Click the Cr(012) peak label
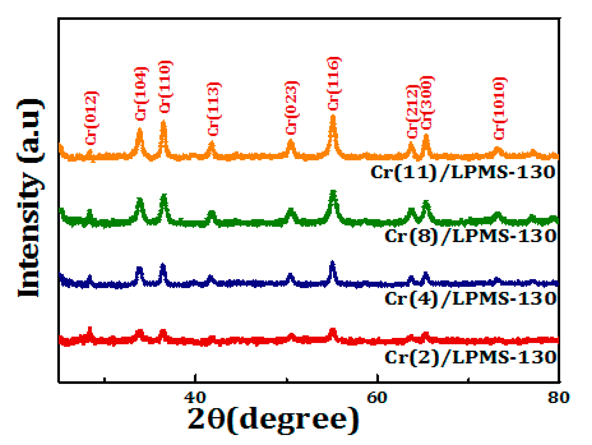[91, 118]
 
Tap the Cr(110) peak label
[165, 87]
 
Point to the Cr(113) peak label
[214, 109]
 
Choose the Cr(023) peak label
[291, 108]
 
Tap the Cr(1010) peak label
[499, 109]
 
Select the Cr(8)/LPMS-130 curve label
[470, 236]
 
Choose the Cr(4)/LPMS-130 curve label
[470, 299]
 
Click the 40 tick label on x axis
[195, 397]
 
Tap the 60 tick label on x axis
[377, 397]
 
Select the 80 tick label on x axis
[558, 397]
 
